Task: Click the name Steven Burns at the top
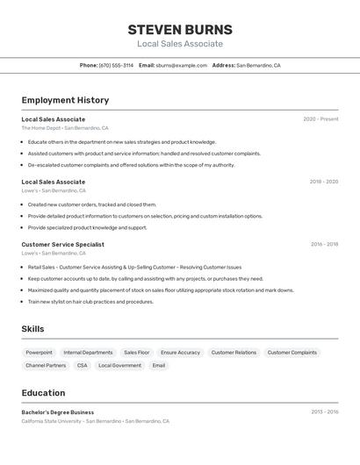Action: point(180,29)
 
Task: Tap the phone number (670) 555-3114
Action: point(116,65)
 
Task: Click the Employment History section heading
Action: point(65,100)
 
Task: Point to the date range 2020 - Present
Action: point(320,119)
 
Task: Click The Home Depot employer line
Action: point(65,128)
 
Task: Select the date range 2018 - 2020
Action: point(323,182)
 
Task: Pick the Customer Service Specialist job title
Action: point(62,245)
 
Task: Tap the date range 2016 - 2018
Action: point(324,245)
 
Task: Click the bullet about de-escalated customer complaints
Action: point(131,165)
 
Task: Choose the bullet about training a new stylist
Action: point(90,302)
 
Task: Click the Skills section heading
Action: point(33,329)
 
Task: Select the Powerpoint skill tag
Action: point(39,353)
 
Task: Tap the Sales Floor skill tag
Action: point(136,353)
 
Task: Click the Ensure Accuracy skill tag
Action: point(180,353)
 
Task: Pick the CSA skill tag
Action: point(82,365)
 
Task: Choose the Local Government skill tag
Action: point(119,365)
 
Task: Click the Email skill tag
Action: point(158,365)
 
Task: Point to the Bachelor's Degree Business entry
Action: point(57,412)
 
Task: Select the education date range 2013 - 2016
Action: point(324,411)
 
